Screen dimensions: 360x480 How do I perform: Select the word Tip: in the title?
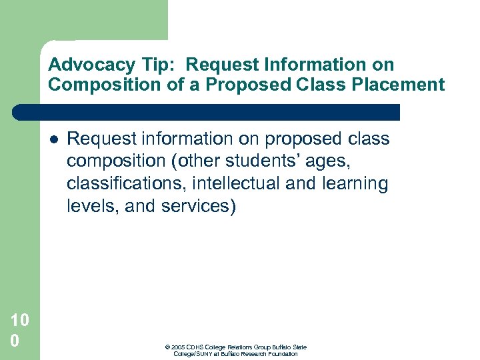pos(158,65)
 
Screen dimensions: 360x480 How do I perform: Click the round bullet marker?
pos(53,139)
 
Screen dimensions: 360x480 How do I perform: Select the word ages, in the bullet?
pos(327,161)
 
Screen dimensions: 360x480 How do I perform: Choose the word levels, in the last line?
pos(93,206)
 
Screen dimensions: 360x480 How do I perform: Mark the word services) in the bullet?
pos(199,206)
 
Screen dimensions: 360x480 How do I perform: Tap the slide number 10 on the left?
pos(20,321)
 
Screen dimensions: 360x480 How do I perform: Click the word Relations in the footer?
pos(246,347)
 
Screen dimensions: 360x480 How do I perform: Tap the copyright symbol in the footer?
pos(166,347)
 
